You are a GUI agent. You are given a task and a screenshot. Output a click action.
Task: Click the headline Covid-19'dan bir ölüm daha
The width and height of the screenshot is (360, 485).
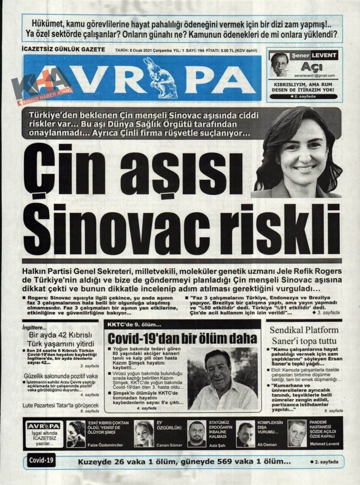182,339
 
